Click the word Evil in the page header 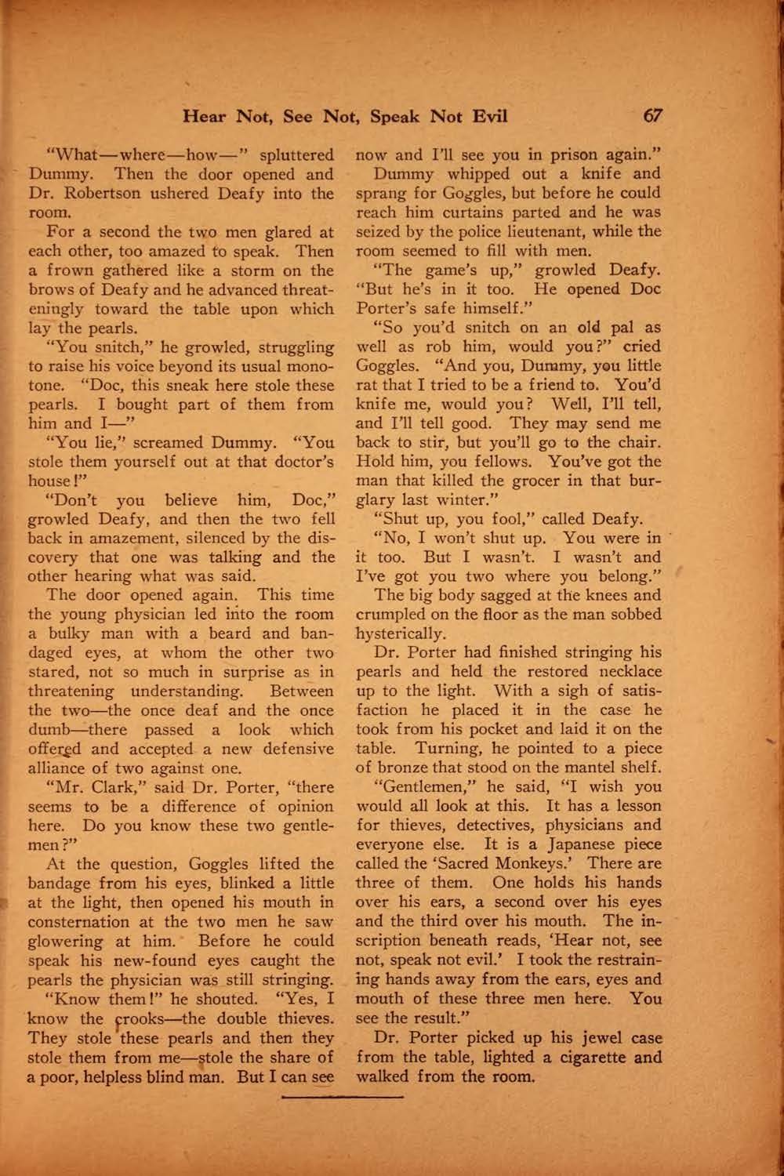pyautogui.click(x=487, y=117)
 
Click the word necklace pyautogui.click(x=628, y=672)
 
